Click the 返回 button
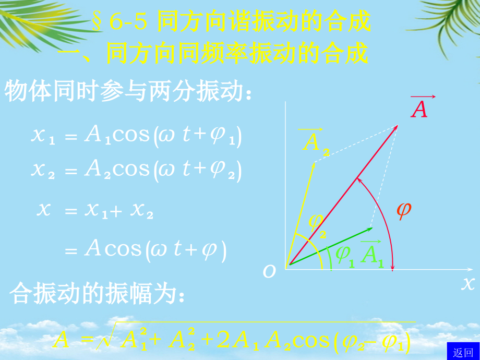[x=463, y=352]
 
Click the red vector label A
[x=419, y=109]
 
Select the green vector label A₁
[x=372, y=255]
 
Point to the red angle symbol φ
[x=403, y=210]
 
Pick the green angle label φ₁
[x=344, y=255]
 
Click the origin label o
[x=269, y=271]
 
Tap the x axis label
[x=467, y=283]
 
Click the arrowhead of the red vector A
[x=397, y=126]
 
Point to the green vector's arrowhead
[x=371, y=229]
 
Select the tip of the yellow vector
[x=314, y=164]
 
